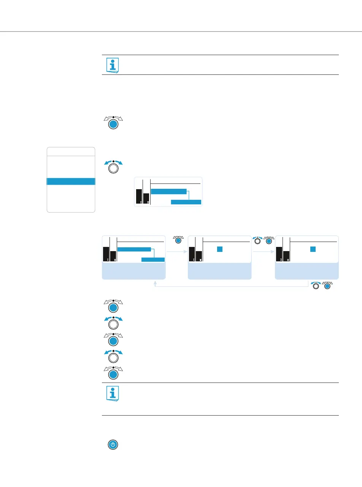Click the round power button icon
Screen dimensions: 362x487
113,444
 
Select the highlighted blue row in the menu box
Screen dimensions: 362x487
71,181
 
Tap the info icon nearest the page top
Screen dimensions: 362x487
113,65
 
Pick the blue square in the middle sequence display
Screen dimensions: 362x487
219,249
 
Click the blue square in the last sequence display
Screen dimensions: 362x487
313,249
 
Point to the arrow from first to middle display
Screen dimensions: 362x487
177,251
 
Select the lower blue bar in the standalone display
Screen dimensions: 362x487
186,202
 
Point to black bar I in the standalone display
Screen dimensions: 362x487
139,196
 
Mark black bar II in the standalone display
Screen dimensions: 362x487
146,198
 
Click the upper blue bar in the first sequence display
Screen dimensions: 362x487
134,249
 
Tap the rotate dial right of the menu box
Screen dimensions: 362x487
113,167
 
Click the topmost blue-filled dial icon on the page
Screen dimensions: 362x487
113,124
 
